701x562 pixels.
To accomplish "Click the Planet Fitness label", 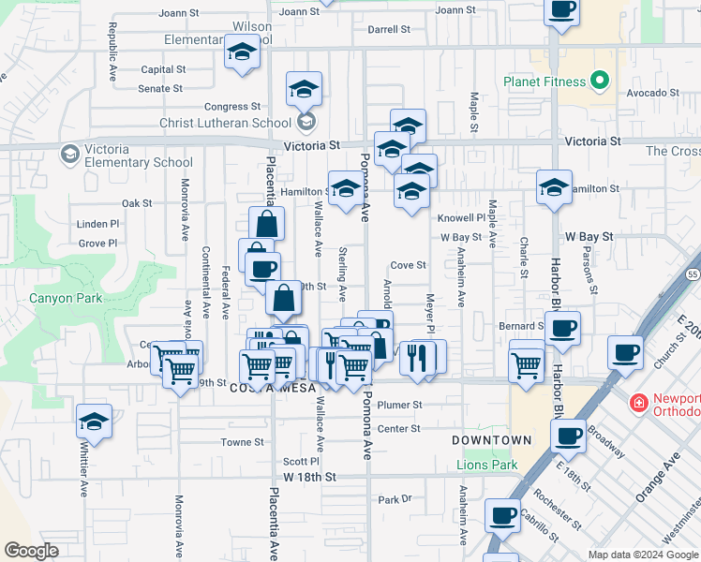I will click(x=544, y=81).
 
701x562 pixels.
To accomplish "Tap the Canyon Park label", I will click(x=65, y=300).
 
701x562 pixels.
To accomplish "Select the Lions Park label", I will click(x=486, y=465).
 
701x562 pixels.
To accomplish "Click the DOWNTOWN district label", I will click(x=491, y=440).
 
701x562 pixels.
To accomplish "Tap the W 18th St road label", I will click(x=309, y=478).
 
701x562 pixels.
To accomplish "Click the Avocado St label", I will click(x=652, y=93).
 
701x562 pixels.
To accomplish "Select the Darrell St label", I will click(x=389, y=30).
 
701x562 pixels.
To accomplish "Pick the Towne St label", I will click(x=243, y=442).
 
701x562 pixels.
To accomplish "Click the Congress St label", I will click(x=231, y=107).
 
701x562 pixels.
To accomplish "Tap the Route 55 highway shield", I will click(x=692, y=274).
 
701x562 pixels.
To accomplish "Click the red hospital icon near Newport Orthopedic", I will click(x=639, y=404).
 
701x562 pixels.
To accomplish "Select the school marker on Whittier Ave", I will click(x=94, y=421).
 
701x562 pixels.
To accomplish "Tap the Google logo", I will click(x=31, y=551).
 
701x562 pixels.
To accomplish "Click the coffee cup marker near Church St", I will click(x=625, y=353).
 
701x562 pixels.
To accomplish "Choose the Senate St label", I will click(x=160, y=89).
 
